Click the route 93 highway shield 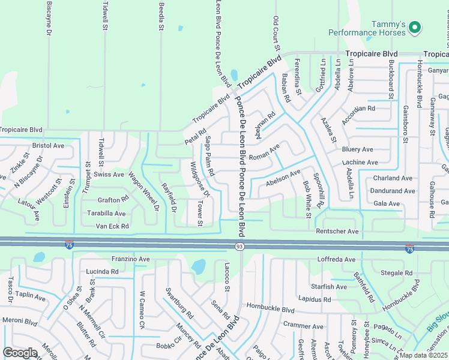239,247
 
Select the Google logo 20,353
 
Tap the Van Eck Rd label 112,226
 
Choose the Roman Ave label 264,155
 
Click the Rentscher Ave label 337,231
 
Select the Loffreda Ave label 336,260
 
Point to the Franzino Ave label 130,259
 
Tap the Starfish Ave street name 329,287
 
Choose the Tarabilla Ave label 104,213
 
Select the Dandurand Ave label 393,191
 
